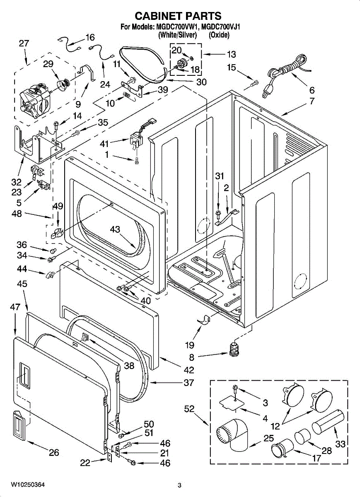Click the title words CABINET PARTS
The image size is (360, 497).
click(x=178, y=16)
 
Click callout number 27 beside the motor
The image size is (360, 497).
click(x=24, y=43)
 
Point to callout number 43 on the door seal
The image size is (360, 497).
click(x=116, y=229)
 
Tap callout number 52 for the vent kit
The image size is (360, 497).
click(x=189, y=409)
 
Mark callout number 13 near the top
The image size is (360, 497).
click(x=231, y=54)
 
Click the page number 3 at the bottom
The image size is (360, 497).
click(x=180, y=485)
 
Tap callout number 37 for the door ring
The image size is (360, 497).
click(x=189, y=383)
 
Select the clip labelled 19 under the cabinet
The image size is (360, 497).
click(x=203, y=320)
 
